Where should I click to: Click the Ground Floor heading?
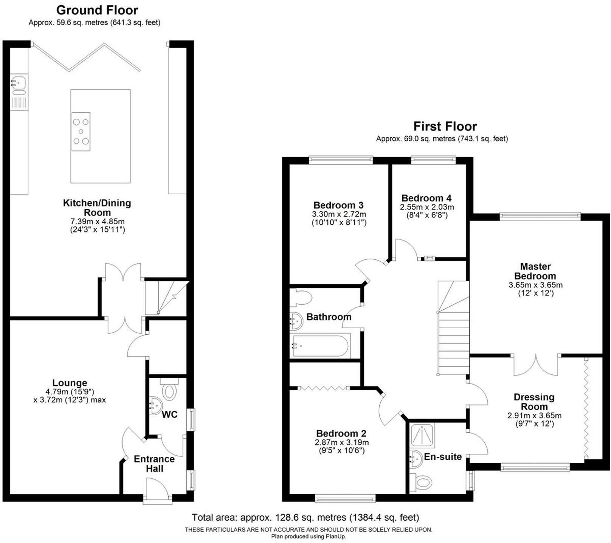coord(97,10)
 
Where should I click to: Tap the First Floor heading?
coord(445,126)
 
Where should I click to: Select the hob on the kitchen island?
coord(81,132)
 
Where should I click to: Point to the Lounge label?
coord(70,383)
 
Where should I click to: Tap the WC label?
coord(169,415)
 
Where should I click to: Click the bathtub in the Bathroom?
coord(320,346)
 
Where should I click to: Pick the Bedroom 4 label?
coord(426,198)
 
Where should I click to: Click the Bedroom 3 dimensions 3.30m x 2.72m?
coord(339,214)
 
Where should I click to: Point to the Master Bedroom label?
coord(535,271)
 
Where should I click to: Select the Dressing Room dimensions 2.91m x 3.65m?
coord(534,416)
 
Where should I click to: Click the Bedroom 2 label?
coord(341,433)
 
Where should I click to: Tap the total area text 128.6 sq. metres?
coord(305,518)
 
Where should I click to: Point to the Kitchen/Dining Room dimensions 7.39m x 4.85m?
coord(97,222)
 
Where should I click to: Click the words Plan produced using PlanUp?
coord(308,537)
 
